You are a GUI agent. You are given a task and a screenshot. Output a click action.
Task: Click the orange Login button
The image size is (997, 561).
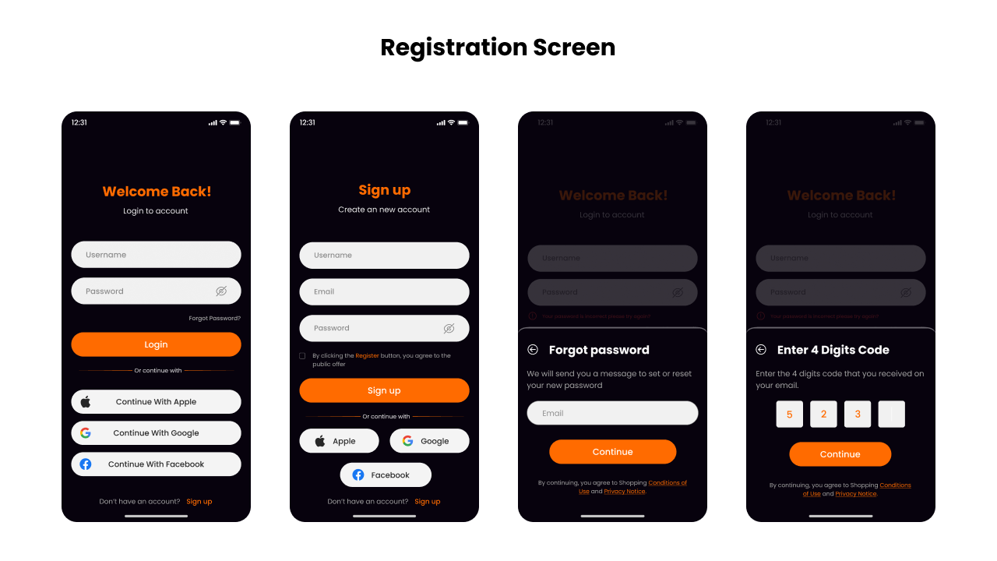coord(156,344)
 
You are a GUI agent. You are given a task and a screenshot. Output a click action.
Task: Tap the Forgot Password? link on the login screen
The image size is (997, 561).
coord(214,318)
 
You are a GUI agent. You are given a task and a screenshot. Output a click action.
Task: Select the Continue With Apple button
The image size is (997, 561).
coord(156,402)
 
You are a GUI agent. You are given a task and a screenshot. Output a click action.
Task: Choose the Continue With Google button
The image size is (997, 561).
coord(156,433)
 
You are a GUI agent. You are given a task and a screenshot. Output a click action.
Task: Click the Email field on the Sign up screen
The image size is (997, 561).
coord(384,291)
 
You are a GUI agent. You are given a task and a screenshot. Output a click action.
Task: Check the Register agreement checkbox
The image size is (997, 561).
coord(302,356)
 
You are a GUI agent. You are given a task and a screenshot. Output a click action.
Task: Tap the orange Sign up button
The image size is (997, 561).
coord(384,390)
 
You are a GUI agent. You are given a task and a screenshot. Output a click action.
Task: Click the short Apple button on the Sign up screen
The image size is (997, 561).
coord(339,441)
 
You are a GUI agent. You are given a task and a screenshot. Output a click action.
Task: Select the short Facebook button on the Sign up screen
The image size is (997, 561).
coord(385,475)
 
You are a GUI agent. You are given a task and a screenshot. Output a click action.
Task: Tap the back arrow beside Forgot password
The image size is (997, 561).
coord(533,350)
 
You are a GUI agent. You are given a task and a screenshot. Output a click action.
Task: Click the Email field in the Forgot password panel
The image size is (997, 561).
coord(612,413)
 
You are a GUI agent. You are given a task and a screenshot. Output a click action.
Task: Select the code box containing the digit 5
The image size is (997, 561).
coord(789,415)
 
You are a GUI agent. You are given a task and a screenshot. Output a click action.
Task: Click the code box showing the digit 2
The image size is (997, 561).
coord(823,415)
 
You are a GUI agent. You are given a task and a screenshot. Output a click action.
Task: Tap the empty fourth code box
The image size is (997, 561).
coord(891,415)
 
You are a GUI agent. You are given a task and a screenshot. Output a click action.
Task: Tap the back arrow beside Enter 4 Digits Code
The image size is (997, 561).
coord(761,350)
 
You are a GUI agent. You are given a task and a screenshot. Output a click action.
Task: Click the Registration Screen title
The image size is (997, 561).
coord(498,48)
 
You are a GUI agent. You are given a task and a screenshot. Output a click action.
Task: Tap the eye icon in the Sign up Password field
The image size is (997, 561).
coord(449,329)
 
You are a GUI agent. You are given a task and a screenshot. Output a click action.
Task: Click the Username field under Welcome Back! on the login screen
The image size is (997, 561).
coord(156,255)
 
